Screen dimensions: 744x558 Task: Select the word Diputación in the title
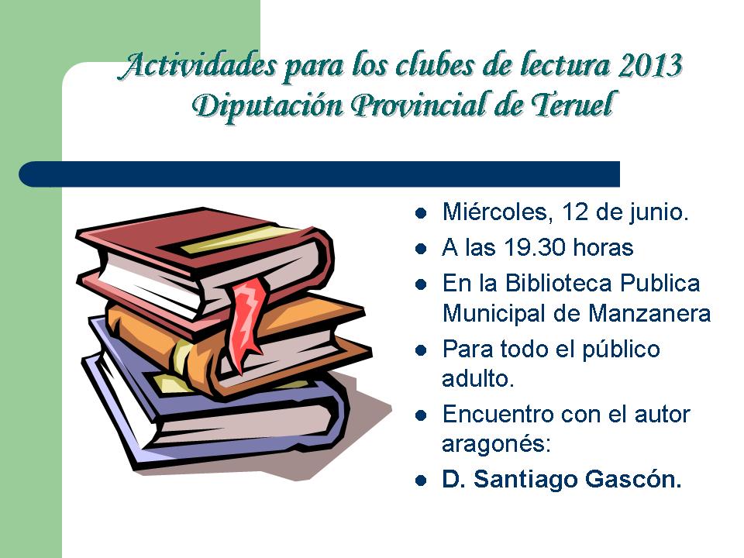[267, 106]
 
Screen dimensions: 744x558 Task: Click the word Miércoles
[498, 212]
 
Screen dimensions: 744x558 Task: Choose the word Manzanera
[649, 314]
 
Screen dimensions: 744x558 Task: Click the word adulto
[478, 379]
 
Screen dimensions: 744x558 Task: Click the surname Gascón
[633, 479]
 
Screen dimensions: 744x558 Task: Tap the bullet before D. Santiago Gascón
[420, 480]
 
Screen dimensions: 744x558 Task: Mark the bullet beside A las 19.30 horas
[420, 249]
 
